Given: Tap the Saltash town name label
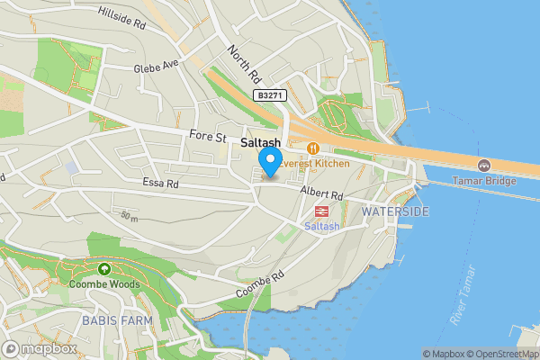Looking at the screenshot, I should [260, 143].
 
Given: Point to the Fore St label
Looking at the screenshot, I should [207, 137].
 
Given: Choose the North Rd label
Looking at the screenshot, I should [244, 62].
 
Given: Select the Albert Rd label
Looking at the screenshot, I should [322, 194].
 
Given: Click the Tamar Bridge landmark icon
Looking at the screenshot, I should [484, 166].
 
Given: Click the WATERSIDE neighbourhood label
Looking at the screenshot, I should [395, 211].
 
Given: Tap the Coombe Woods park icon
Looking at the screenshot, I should [104, 268].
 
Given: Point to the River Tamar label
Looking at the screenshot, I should [463, 293].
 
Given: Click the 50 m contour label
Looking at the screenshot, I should [130, 216].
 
